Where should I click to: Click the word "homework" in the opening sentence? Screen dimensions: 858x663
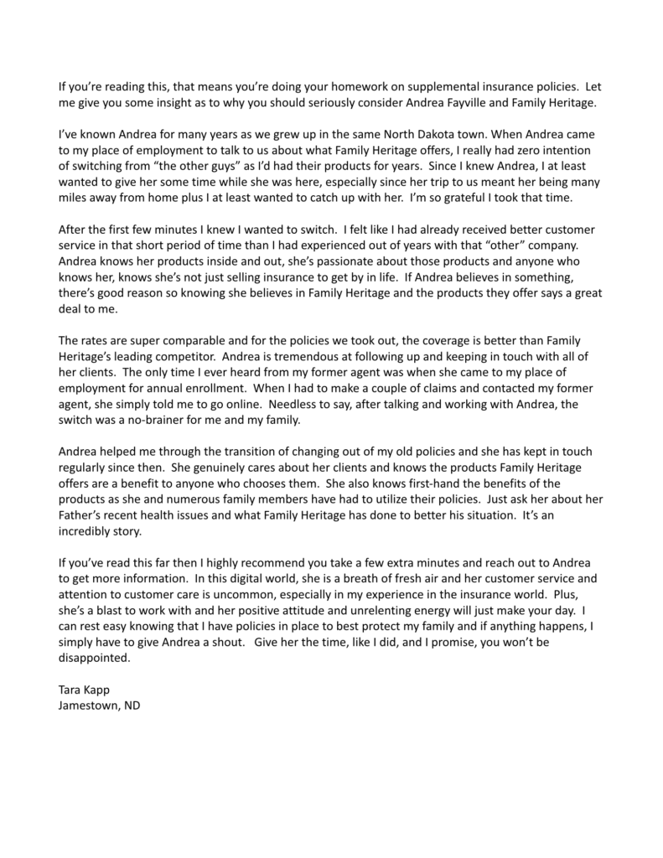[x=322, y=86]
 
